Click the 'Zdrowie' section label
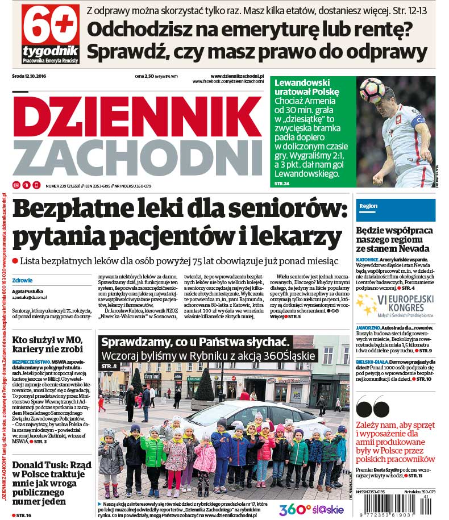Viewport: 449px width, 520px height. [23, 280]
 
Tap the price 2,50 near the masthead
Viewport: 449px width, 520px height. [149, 76]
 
